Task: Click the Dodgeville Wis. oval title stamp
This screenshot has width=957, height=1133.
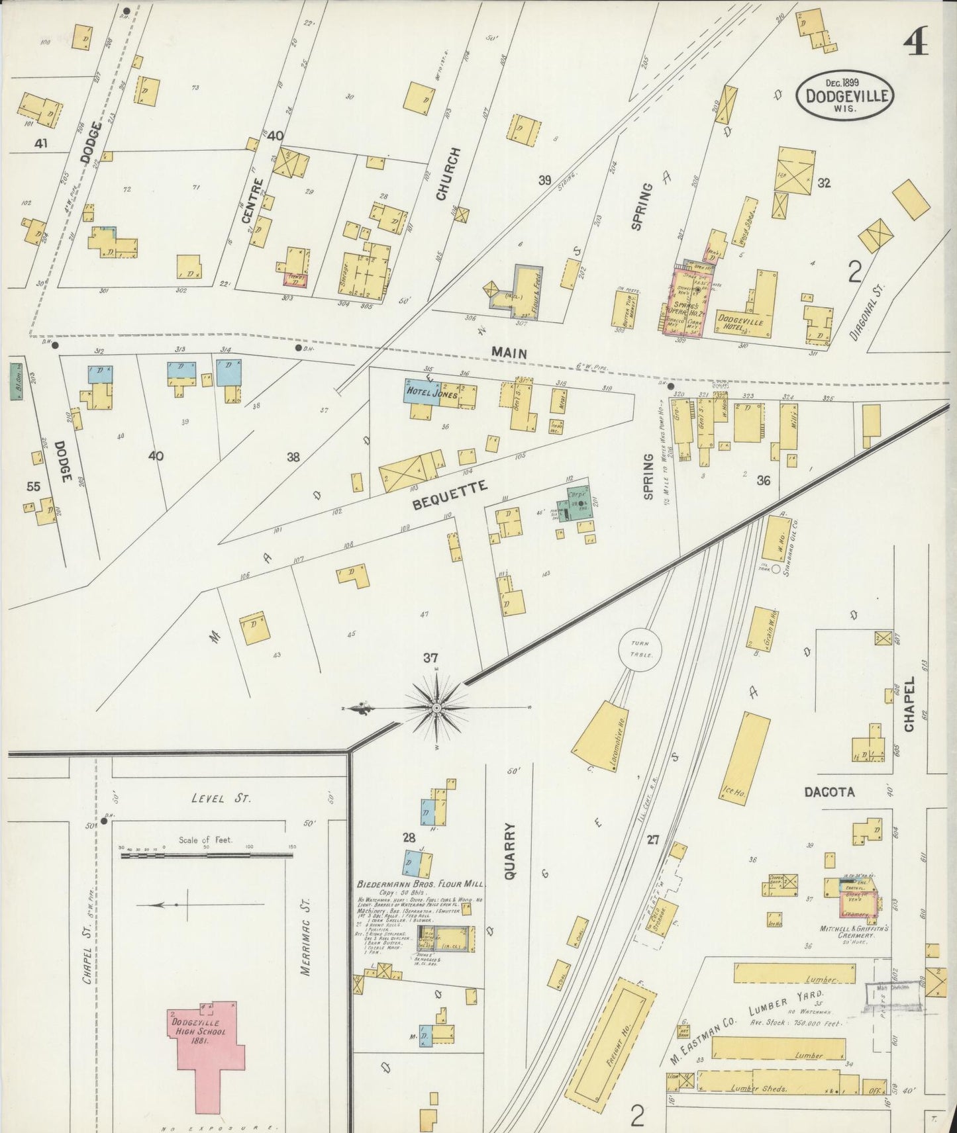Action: [x=846, y=95]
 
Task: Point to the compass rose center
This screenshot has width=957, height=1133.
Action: [x=436, y=709]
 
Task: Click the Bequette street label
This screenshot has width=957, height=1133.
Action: [x=450, y=495]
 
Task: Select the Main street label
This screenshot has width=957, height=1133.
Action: [x=509, y=353]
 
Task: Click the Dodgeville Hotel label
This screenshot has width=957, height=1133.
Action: [x=740, y=322]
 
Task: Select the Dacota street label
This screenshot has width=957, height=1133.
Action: [x=829, y=792]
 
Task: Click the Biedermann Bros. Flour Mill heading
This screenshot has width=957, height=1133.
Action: [x=421, y=884]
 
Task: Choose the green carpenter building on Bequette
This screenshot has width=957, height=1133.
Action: [x=574, y=504]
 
